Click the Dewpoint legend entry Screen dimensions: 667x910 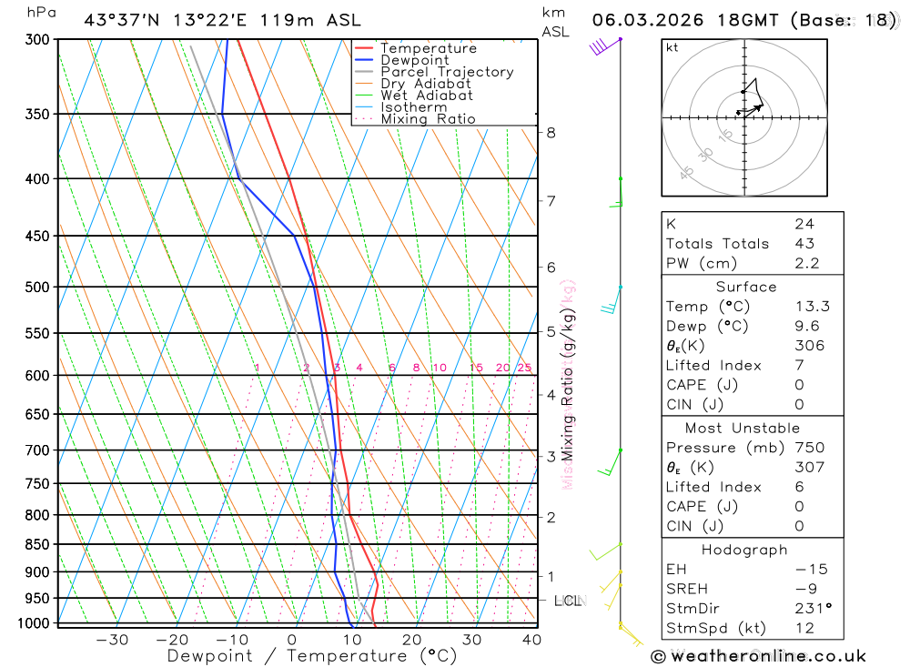pos(415,60)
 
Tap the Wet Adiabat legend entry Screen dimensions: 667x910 pos(426,95)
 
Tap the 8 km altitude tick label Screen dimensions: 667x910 pos(551,133)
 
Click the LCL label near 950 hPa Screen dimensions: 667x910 pos(569,601)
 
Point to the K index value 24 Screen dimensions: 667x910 pos(804,224)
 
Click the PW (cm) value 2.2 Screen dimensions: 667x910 pos(807,264)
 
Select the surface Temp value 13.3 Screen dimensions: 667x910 pos(812,307)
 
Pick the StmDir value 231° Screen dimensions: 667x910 pos(811,609)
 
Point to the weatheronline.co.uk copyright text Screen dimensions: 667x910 pos(757,656)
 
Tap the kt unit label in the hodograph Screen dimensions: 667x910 pos(672,48)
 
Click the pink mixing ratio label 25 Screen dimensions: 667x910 pos(524,368)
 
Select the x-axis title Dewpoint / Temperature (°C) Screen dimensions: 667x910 pos(311,656)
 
